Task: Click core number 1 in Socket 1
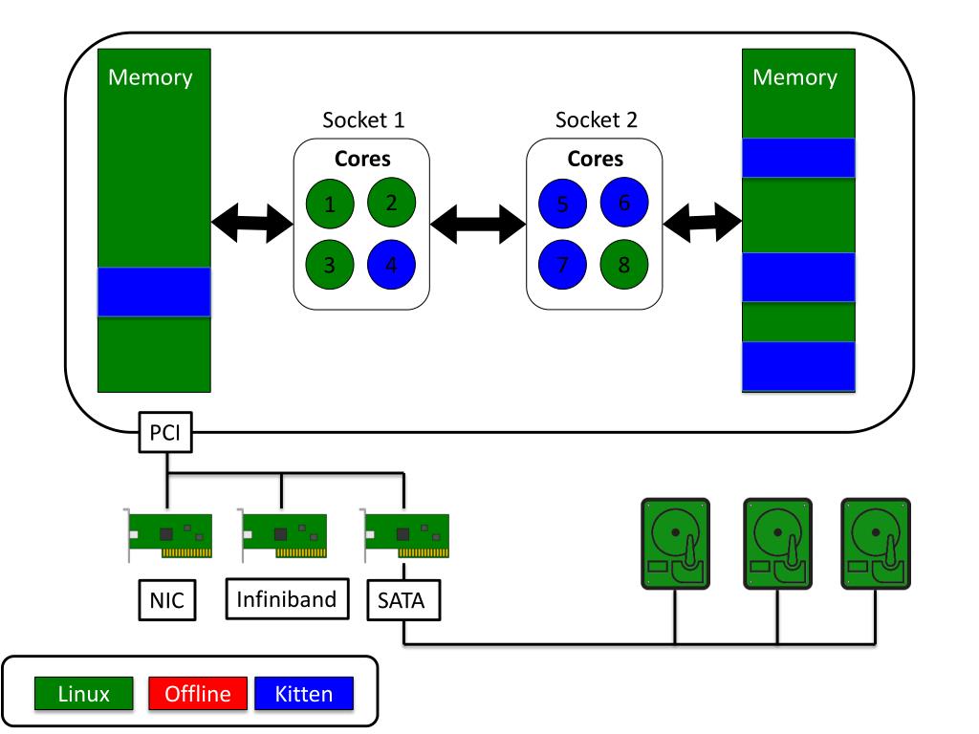[330, 204]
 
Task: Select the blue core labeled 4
[391, 264]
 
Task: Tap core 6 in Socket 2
[624, 204]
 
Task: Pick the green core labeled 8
[624, 264]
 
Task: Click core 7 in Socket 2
[563, 264]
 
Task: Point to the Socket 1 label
[363, 121]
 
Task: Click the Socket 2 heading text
[597, 121]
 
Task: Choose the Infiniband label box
[287, 599]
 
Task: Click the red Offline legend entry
[199, 694]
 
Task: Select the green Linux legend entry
[84, 694]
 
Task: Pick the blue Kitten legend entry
[304, 694]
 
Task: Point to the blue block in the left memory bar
[154, 291]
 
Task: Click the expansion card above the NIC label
[169, 535]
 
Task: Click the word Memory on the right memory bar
[795, 77]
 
